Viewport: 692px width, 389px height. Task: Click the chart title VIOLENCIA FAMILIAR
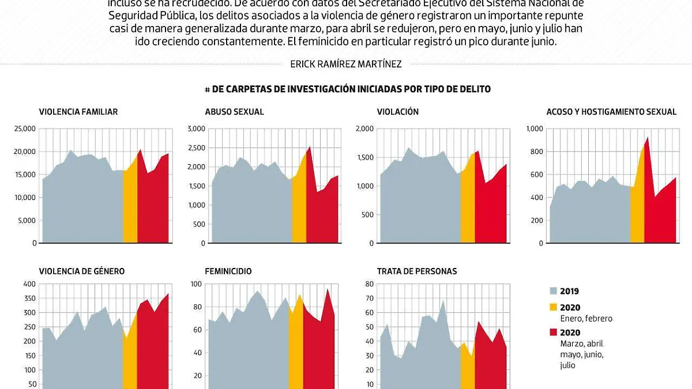78,112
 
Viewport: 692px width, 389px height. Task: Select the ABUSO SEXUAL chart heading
234,112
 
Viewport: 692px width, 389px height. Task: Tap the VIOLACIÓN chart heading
398,112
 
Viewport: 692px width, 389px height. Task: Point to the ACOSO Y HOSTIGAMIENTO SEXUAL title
611,112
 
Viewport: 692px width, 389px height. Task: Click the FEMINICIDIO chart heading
228,271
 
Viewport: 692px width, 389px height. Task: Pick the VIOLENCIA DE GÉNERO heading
82,271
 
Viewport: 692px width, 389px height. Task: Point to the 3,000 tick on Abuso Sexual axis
196,129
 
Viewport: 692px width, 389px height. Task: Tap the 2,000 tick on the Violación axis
365,129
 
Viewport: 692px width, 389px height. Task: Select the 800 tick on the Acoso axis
536,152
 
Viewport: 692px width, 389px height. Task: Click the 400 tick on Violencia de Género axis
29,284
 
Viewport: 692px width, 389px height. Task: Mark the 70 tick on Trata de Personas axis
369,299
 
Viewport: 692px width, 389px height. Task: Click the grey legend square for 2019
554,292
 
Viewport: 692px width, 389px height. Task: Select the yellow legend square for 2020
554,308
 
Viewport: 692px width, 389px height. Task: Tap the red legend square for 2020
554,333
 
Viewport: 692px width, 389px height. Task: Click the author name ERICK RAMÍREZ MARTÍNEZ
346,65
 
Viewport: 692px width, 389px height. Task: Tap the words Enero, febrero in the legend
586,319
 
